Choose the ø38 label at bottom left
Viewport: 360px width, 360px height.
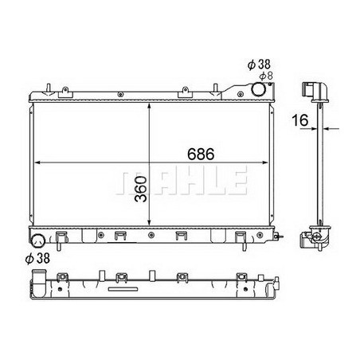pos(38,257)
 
